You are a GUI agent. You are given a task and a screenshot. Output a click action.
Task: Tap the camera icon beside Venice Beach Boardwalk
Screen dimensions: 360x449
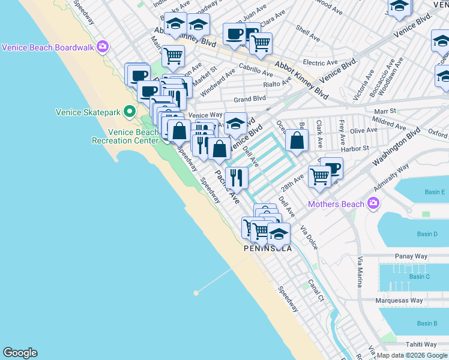tap(103, 46)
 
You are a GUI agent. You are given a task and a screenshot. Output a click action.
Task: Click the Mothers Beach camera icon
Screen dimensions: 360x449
tap(373, 204)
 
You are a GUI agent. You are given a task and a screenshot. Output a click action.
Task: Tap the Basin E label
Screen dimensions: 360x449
tap(435, 192)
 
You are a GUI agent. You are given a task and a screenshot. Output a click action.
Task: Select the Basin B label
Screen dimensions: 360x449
tap(427, 324)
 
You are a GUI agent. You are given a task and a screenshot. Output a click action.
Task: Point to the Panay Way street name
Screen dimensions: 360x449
tap(411, 256)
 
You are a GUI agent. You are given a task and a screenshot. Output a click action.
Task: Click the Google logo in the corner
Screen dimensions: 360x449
tap(20, 353)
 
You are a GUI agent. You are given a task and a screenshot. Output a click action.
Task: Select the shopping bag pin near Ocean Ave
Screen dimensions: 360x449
tap(297, 141)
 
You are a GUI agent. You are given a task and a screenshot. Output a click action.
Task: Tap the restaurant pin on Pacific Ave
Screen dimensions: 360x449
tap(237, 177)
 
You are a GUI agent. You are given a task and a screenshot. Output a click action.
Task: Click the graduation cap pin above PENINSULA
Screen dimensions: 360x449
tap(279, 233)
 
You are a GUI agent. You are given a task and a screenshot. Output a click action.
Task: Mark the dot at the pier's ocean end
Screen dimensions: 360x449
tap(196, 293)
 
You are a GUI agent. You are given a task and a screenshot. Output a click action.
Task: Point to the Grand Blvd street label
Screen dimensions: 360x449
tap(250, 98)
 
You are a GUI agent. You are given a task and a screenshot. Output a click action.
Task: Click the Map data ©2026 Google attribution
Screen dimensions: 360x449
tap(412, 355)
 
